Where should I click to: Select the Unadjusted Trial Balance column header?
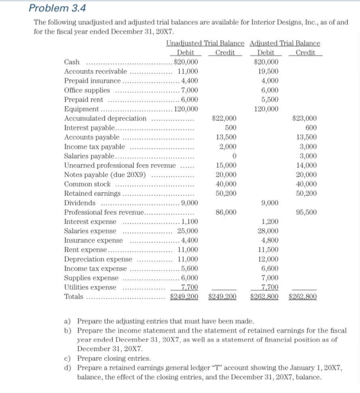(x=205, y=43)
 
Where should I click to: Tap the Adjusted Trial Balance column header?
(x=285, y=43)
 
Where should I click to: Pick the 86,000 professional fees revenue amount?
(x=226, y=212)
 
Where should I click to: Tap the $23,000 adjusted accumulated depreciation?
(x=306, y=119)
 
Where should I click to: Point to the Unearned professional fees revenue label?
(x=120, y=165)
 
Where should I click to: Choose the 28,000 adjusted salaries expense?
(x=269, y=231)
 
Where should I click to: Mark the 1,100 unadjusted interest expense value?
(x=190, y=222)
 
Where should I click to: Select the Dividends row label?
(x=80, y=203)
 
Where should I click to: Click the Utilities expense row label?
(x=91, y=287)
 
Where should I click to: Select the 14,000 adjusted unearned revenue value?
(x=307, y=165)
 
